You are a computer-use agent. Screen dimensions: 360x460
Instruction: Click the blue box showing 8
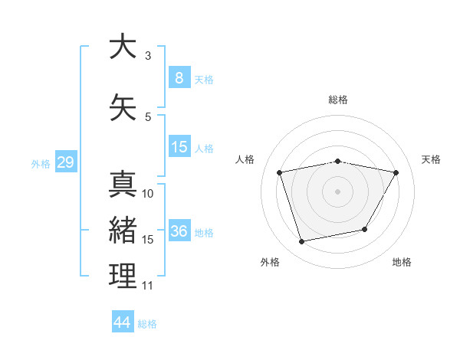pyautogui.click(x=179, y=77)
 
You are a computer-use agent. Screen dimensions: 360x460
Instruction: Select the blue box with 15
pyautogui.click(x=179, y=147)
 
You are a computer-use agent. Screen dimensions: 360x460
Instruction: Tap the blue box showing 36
pyautogui.click(x=179, y=231)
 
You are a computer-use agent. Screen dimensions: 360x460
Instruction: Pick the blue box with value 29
pyautogui.click(x=65, y=162)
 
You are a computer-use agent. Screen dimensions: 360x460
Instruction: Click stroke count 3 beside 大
pyautogui.click(x=148, y=56)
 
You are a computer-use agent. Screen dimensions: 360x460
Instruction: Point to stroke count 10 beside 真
pyautogui.click(x=148, y=194)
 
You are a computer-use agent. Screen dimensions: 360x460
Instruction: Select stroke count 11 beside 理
pyautogui.click(x=148, y=286)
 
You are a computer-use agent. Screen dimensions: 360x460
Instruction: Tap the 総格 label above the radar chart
pyautogui.click(x=337, y=100)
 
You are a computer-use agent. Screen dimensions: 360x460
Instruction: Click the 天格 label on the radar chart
pyautogui.click(x=431, y=159)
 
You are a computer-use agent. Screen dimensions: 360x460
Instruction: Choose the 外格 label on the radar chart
pyautogui.click(x=270, y=262)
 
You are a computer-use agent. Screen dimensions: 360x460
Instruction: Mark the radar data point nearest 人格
pyautogui.click(x=280, y=172)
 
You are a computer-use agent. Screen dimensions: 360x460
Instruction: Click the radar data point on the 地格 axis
pyautogui.click(x=365, y=229)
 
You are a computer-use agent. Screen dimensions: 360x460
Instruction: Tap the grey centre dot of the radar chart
pyautogui.click(x=337, y=191)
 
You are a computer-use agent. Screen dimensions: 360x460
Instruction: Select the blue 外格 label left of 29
pyautogui.click(x=40, y=163)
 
